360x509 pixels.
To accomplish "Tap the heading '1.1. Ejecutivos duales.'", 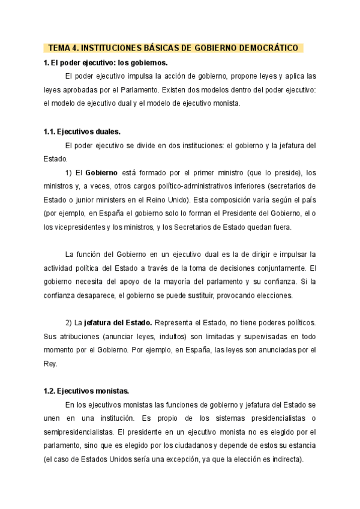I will [x=82, y=131].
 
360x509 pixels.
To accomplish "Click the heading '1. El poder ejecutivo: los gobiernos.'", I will [x=105, y=62].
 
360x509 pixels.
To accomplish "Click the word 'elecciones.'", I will [x=275, y=295].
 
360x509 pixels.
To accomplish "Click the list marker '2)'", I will [x=69, y=323].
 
